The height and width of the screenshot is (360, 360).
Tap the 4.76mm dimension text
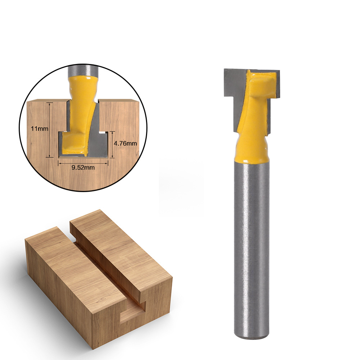[x=125, y=143]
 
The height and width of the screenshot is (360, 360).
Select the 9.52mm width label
[x=83, y=168]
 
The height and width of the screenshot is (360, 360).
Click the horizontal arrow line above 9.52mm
[x=83, y=162]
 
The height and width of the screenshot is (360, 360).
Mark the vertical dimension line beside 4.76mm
[x=113, y=144]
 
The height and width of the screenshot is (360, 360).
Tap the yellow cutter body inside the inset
[x=80, y=108]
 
